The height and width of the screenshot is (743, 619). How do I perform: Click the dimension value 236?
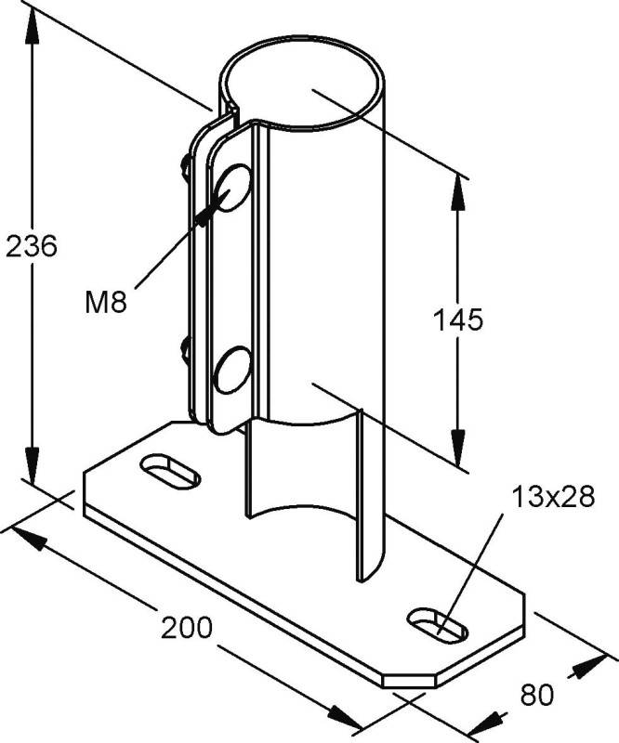(32, 247)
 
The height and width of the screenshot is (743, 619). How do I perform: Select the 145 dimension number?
(458, 320)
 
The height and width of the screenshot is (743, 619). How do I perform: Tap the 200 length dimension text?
(186, 628)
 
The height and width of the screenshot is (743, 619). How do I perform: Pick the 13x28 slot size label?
(552, 499)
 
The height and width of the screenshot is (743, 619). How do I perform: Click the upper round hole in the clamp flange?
(232, 188)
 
